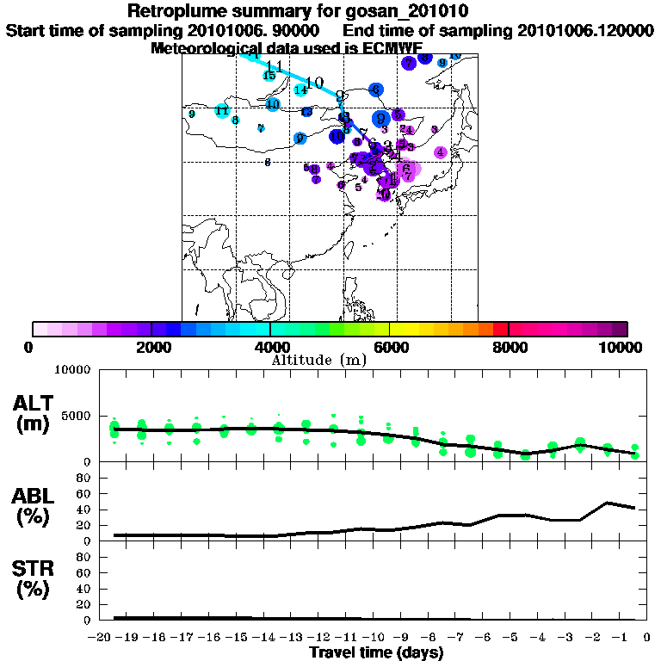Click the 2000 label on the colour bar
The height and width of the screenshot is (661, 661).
point(150,347)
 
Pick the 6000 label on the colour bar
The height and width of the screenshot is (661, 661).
point(389,347)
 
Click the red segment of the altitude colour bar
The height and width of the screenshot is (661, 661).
point(500,329)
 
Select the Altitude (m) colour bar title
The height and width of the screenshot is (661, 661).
point(318,359)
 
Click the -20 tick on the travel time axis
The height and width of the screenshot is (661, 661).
point(102,638)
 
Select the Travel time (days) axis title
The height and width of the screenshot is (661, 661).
point(376,653)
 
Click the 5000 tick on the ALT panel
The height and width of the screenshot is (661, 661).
point(76,416)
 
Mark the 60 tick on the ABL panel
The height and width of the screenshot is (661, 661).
point(84,494)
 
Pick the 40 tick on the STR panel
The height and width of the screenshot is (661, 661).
point(84,589)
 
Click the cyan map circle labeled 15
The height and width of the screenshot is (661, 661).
point(269,76)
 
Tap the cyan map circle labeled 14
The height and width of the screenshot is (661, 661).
point(300,90)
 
